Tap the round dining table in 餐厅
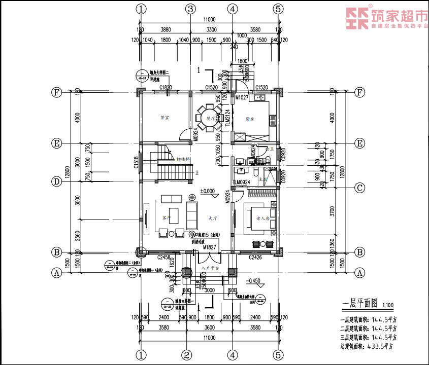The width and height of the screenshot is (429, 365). (208, 118)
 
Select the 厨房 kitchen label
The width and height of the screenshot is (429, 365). (250, 119)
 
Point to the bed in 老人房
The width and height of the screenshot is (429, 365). (260, 218)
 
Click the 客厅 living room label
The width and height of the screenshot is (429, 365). (166, 218)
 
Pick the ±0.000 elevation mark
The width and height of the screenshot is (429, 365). (208, 192)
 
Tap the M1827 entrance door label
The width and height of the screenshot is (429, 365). (210, 247)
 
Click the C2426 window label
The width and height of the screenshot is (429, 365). (255, 258)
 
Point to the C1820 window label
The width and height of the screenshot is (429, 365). (166, 87)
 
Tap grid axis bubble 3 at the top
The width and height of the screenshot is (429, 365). (190, 9)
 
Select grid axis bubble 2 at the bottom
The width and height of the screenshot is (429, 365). (187, 354)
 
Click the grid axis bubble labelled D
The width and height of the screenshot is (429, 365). (57, 181)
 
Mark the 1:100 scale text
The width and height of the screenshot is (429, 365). (388, 305)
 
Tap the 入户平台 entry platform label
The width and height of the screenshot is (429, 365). (209, 267)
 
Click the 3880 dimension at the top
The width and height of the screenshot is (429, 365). (163, 29)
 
